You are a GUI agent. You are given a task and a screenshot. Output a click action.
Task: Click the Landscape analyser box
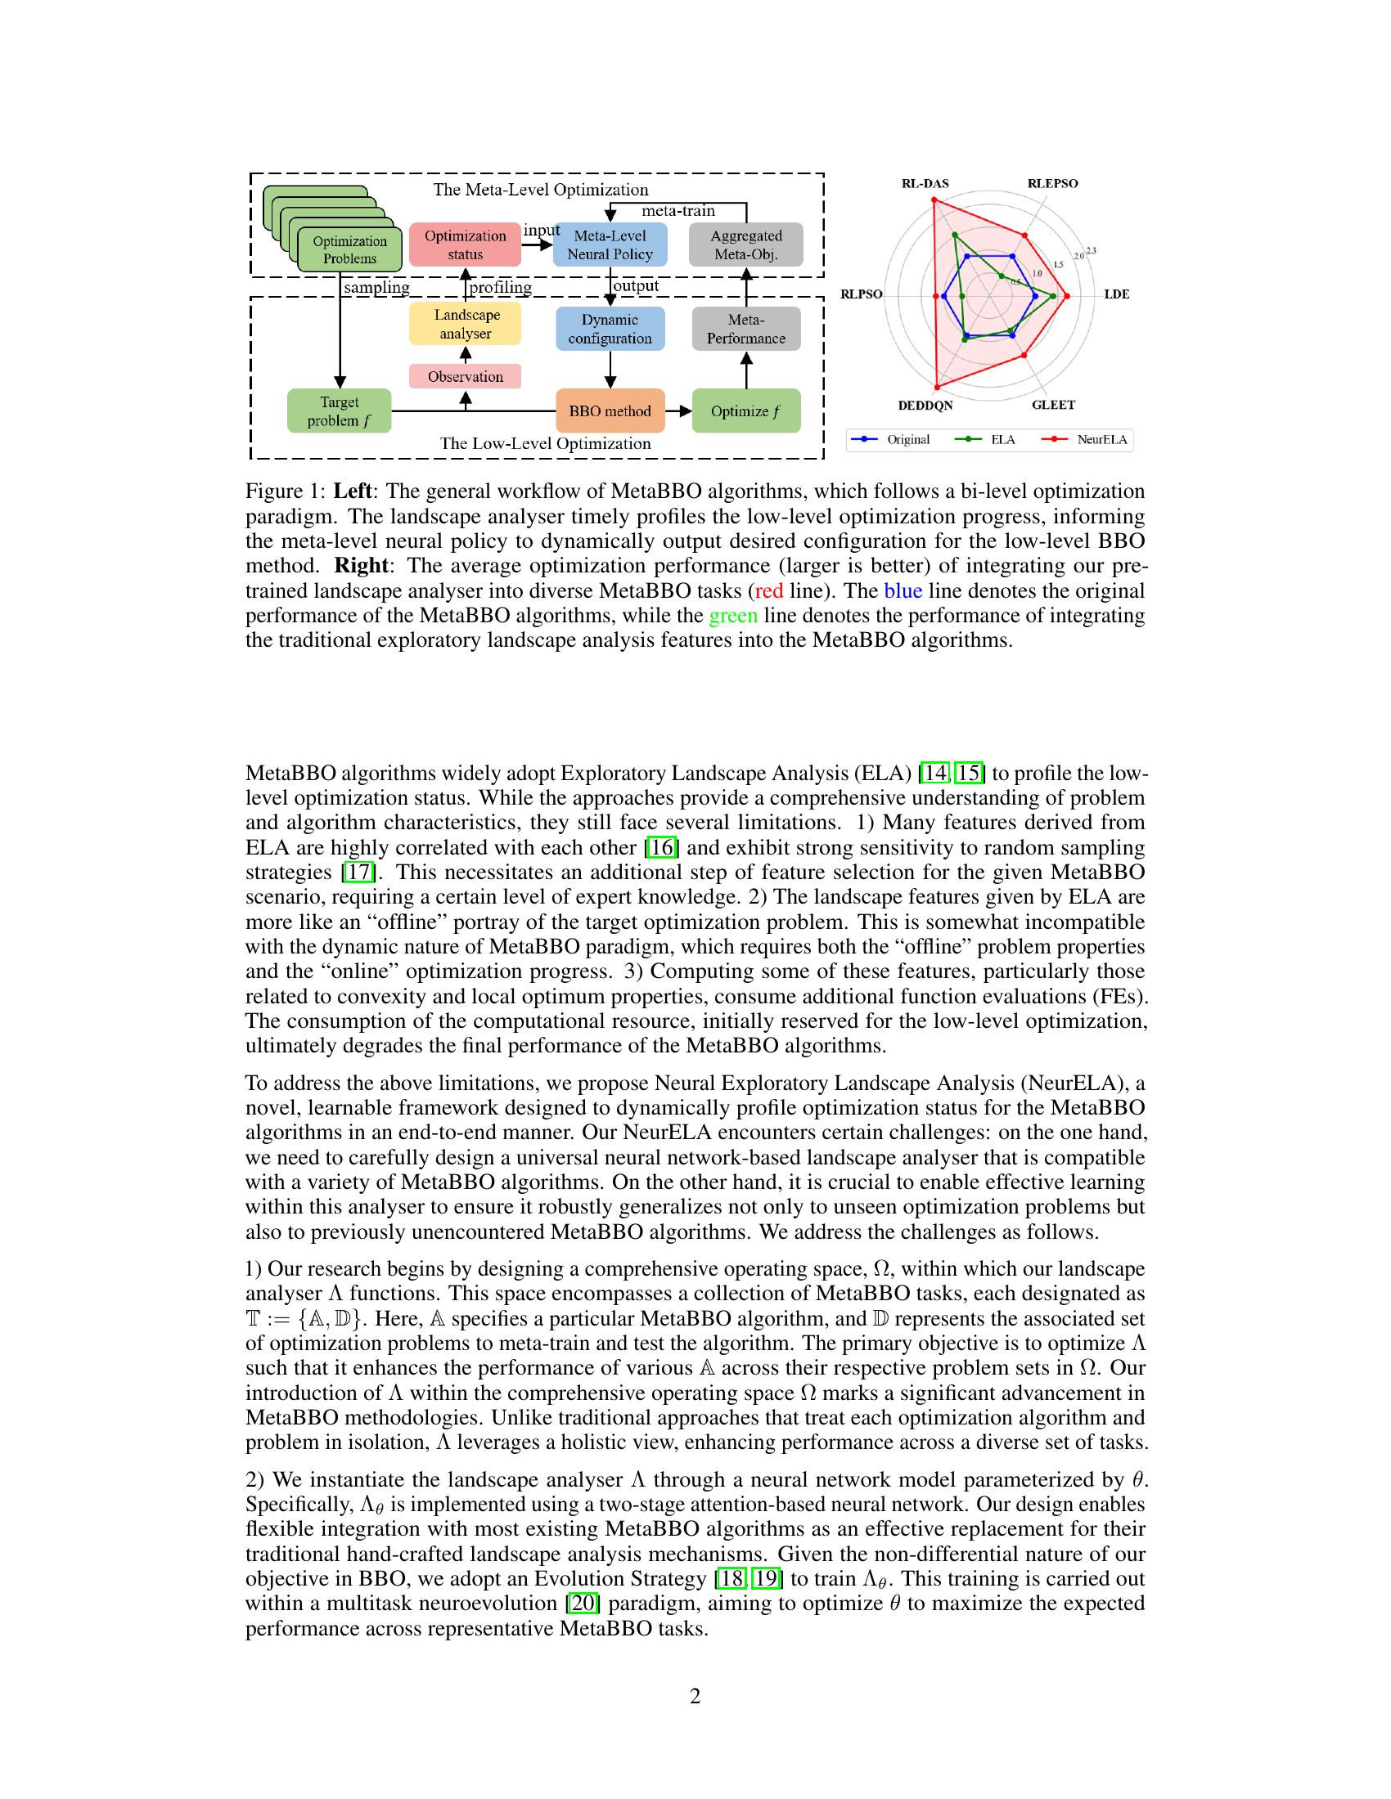tap(465, 325)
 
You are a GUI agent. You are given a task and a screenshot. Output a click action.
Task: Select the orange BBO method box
tap(610, 411)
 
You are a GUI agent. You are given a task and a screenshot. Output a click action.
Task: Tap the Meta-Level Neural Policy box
tap(610, 245)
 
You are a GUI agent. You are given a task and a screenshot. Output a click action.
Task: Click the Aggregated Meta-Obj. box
tap(745, 245)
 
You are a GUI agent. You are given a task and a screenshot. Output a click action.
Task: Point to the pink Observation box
tap(465, 376)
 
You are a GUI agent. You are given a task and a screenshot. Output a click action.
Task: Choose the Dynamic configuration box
tap(610, 329)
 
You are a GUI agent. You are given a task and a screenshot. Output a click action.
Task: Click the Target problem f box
tap(339, 411)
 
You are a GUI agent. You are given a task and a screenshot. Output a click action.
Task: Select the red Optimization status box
tap(465, 245)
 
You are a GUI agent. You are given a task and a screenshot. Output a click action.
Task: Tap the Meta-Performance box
tap(745, 329)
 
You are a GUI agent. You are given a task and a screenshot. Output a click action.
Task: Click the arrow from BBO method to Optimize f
tap(679, 411)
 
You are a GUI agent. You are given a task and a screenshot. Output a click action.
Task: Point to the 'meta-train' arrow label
tap(678, 211)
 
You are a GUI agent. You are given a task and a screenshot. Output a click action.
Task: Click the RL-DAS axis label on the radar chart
tap(925, 184)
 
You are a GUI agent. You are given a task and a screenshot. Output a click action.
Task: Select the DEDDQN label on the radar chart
tap(925, 406)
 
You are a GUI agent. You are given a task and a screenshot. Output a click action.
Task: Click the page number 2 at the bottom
tap(695, 1696)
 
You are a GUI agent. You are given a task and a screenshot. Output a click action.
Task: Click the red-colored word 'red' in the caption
tap(769, 590)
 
